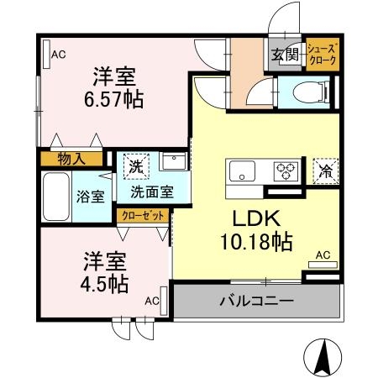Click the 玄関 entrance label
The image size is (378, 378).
(x=285, y=55)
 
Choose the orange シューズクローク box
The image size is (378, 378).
(x=322, y=55)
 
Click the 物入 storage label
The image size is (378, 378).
(x=71, y=157)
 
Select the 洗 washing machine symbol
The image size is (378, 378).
(x=135, y=166)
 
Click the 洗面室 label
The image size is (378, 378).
(x=151, y=192)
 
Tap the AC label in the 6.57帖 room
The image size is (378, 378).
(x=58, y=55)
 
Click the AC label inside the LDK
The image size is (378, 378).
(x=322, y=255)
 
